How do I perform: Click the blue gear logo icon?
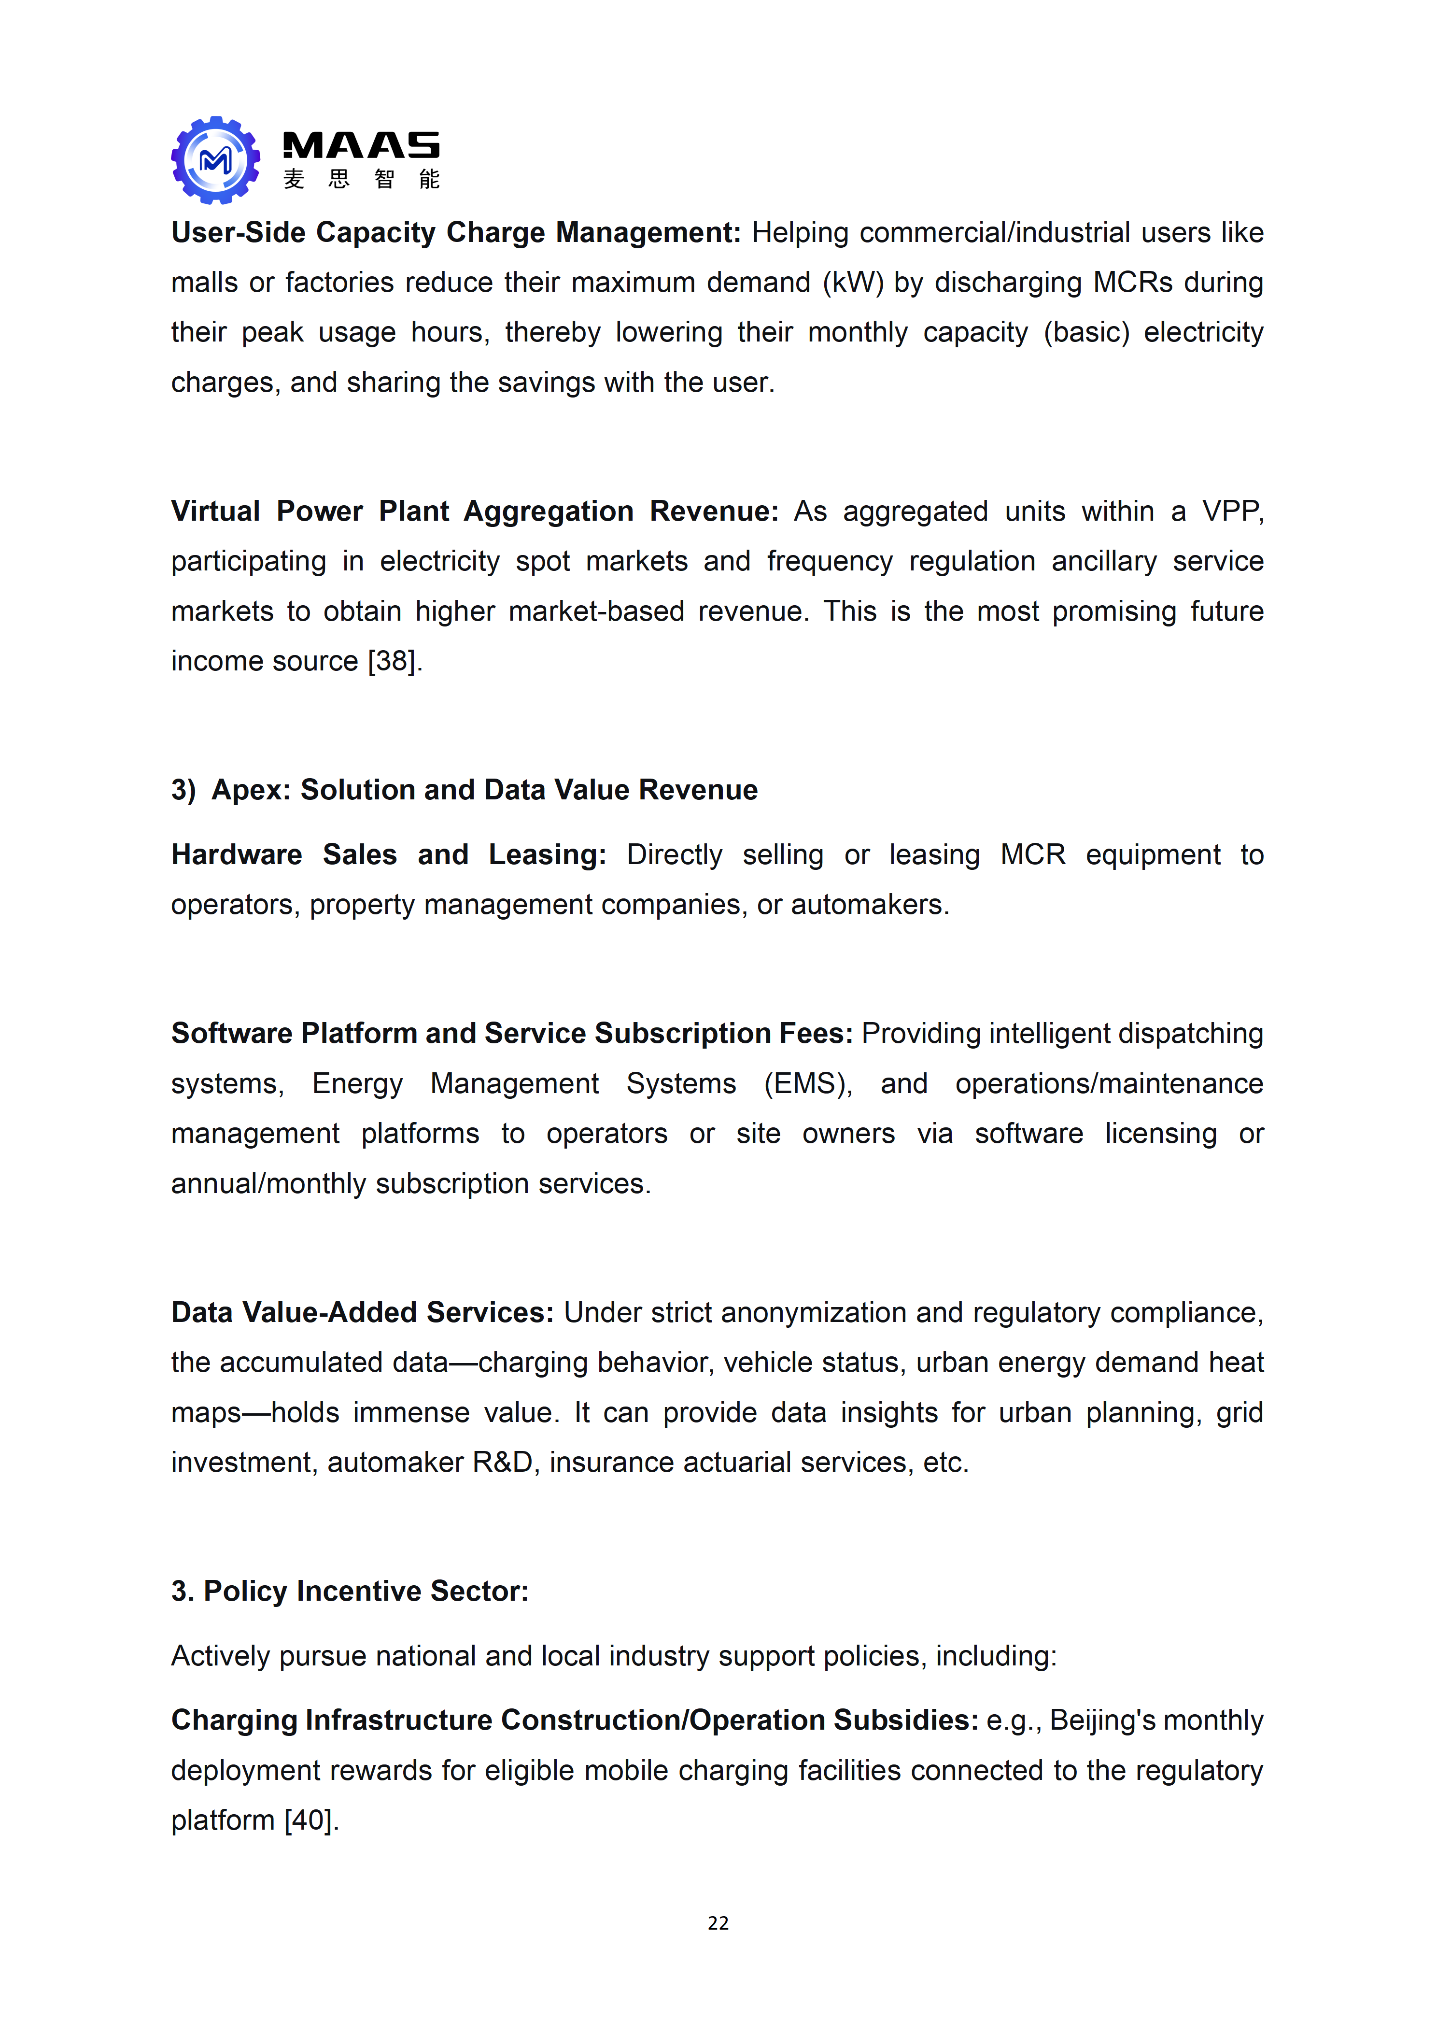tap(215, 160)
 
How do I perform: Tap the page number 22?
tap(718, 1922)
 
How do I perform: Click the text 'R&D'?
tap(503, 1462)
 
